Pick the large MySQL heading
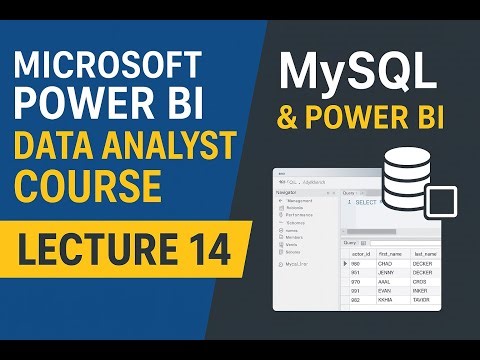(x=357, y=72)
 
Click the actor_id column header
(x=361, y=254)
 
